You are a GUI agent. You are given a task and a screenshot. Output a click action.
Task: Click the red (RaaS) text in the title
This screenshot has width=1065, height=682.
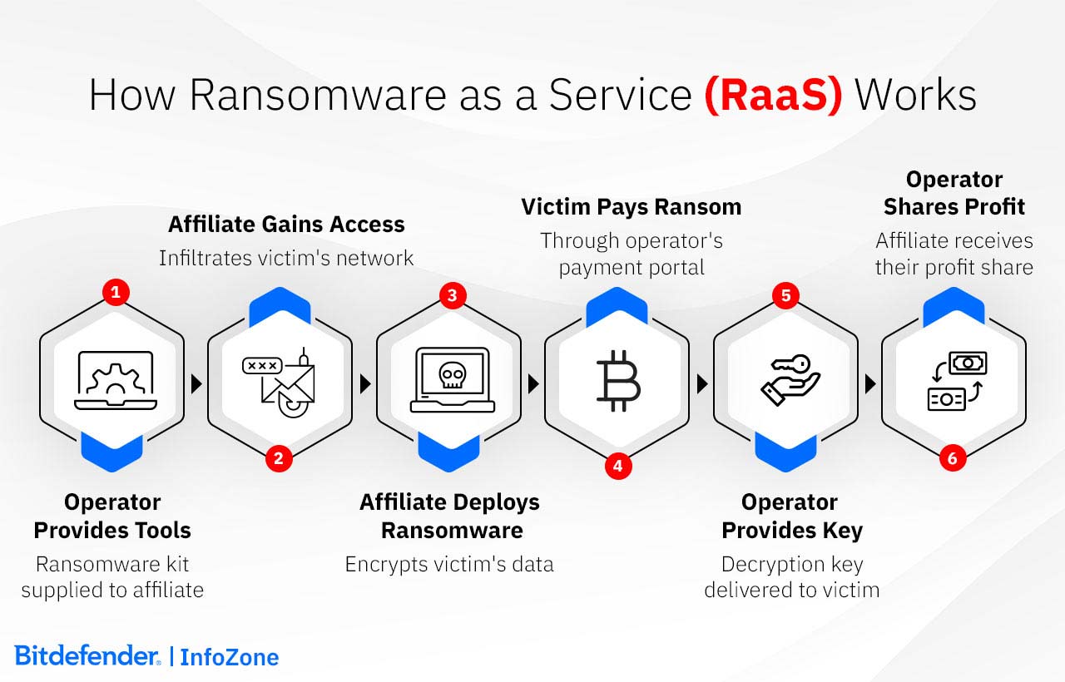pos(773,96)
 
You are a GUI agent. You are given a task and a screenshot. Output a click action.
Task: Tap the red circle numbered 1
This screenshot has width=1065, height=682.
pos(116,293)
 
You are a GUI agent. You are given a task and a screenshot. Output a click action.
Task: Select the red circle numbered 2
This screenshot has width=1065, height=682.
pos(280,458)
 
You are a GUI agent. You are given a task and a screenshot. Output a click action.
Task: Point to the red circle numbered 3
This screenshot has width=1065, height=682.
pos(452,295)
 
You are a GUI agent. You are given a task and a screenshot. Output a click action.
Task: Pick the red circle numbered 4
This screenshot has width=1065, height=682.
pos(617,467)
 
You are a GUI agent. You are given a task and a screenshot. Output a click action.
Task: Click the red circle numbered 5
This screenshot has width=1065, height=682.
pos(785,295)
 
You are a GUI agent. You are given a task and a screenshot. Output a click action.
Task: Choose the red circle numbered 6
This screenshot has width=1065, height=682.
pos(954,458)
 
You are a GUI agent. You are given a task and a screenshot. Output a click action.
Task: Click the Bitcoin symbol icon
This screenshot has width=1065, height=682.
pos(617,382)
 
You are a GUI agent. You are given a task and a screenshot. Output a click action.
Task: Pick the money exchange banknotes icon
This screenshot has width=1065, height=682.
pos(957,382)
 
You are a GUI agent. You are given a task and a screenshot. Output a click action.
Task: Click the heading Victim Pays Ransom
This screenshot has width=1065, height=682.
pos(631,207)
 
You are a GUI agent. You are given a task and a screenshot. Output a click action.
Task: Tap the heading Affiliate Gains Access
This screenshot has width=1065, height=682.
pos(286,225)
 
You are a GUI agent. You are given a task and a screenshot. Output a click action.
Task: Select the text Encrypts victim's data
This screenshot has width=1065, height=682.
pos(449,565)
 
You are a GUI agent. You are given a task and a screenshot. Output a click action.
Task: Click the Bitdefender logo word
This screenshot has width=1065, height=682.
pos(87,655)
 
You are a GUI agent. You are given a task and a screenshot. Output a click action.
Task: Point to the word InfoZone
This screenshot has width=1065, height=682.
pos(230,657)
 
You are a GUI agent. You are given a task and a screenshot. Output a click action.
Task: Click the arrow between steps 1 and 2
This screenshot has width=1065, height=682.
pos(196,383)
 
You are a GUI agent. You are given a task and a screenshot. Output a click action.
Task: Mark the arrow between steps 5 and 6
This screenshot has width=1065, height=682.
pos(870,383)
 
